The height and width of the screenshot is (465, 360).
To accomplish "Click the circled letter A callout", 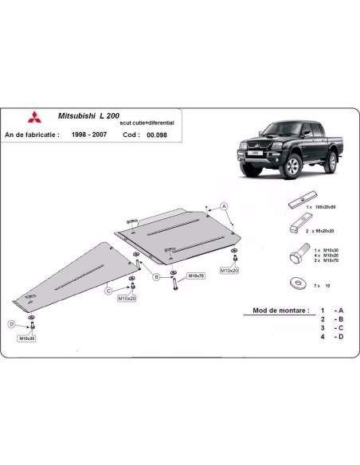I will (x=225, y=205).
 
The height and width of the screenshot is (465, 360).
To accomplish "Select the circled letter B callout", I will (x=157, y=277).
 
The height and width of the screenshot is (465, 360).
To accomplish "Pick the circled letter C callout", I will (x=108, y=292).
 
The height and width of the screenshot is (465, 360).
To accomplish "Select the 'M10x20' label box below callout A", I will (x=231, y=272).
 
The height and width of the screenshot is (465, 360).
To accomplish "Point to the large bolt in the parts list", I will (x=295, y=260).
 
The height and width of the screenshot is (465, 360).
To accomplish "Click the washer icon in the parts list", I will (x=296, y=283).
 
